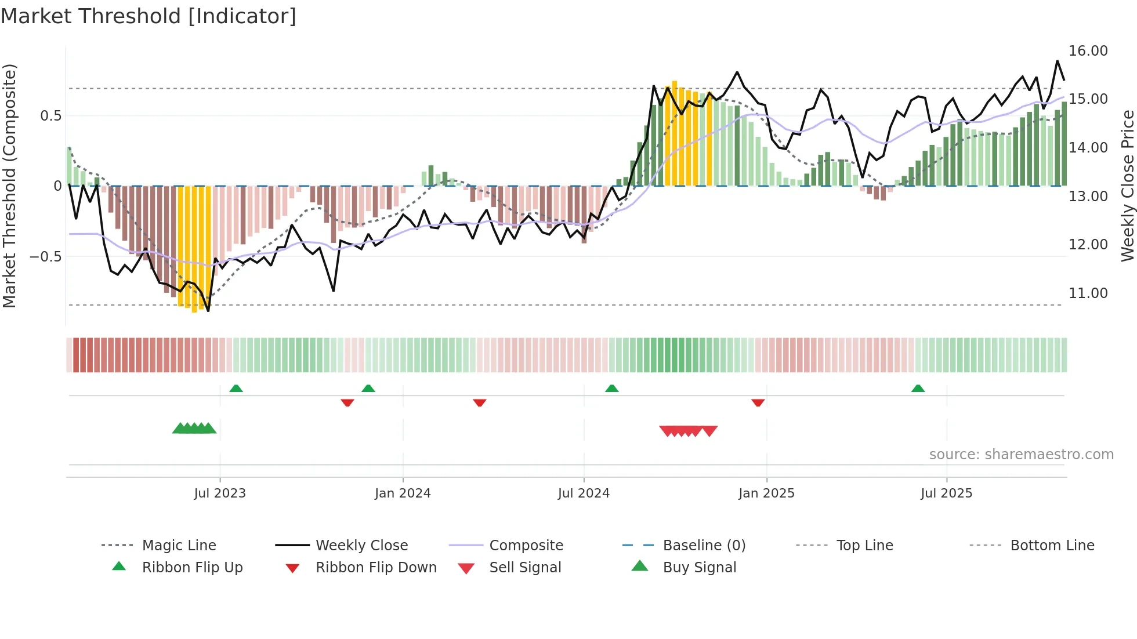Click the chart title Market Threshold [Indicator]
pos(149,16)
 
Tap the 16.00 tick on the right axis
pos(1088,51)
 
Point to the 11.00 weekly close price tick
pos(1088,293)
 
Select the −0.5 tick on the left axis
pos(45,256)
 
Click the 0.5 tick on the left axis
pos(50,116)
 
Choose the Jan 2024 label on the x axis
pos(403,493)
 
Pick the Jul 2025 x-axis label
pos(946,493)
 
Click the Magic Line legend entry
pos(179,546)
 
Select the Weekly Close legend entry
pos(361,546)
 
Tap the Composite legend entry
pos(526,546)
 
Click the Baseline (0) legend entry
pos(704,546)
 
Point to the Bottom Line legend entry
pos(1052,546)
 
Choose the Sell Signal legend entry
pos(524,568)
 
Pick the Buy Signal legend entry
pos(699,568)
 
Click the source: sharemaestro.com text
pos(1021,455)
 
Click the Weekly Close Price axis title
pos(1127,186)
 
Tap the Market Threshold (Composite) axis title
pos(9,186)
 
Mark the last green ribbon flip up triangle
pos(918,389)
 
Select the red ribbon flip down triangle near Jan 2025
pos(758,402)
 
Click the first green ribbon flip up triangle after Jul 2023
pos(236,389)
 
